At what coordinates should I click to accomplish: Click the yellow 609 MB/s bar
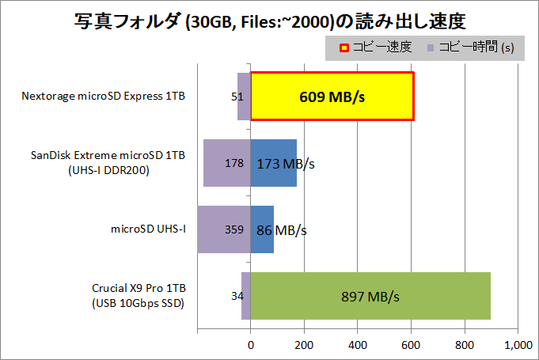coord(332,97)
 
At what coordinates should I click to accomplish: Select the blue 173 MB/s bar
coord(273,163)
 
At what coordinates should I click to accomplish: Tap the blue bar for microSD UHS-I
coord(262,229)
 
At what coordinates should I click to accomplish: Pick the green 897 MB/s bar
coord(370,296)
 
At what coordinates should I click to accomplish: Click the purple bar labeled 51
coord(244,97)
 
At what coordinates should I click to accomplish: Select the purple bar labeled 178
coord(226,163)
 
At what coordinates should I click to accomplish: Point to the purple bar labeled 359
coord(223,229)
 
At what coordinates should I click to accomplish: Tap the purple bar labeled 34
coord(246,296)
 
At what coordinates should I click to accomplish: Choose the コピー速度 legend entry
coord(376,47)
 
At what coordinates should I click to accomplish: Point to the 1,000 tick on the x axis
coord(518,345)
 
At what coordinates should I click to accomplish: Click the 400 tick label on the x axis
coord(358,345)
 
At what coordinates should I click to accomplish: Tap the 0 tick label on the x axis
coord(251,345)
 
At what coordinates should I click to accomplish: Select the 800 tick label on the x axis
coord(465,345)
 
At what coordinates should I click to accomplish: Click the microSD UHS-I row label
coord(148,229)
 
